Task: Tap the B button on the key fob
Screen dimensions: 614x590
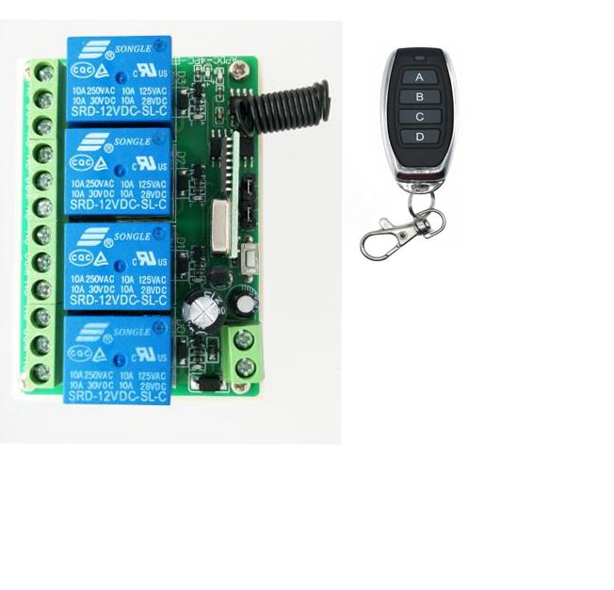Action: [x=419, y=96]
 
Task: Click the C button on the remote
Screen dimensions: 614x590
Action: [x=419, y=116]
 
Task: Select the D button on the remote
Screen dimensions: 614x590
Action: [x=419, y=137]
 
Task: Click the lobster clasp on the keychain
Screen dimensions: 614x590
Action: [x=390, y=237]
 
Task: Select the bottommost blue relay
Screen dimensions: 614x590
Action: [x=118, y=359]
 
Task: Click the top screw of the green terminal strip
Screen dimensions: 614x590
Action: [x=42, y=72]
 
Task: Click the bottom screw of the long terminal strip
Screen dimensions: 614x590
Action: [x=41, y=372]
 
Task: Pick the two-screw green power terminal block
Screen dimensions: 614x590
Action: [x=243, y=352]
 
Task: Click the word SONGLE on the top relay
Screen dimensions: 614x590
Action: [x=131, y=48]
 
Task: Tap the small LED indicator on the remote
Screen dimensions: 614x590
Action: [x=419, y=57]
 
